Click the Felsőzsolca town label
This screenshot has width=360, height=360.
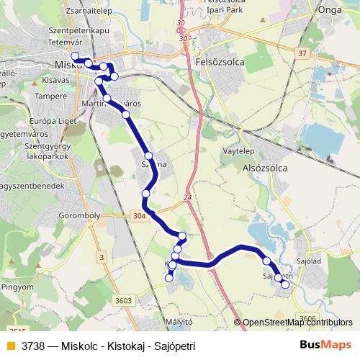(220, 63)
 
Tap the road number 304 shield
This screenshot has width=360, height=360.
(139, 215)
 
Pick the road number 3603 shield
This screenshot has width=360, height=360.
(124, 300)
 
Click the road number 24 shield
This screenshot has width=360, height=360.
(188, 197)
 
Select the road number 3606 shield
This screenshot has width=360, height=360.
(308, 317)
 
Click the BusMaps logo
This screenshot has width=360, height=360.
(325, 345)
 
